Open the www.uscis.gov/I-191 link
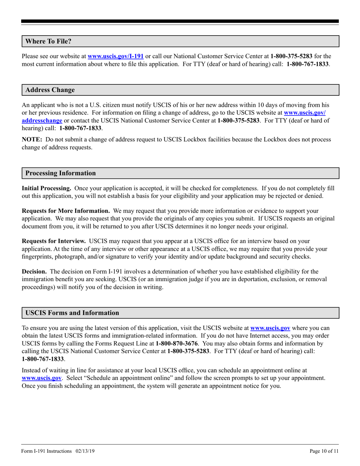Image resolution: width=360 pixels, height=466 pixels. pos(115,56)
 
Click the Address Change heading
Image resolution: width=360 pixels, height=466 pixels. pos(50,90)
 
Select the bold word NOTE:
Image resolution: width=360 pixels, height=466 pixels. pos(32,139)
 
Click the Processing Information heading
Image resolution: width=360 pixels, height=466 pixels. pos(60,173)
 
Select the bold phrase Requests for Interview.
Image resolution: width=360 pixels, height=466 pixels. pos(53,240)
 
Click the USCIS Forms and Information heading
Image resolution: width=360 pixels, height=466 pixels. pos(72,313)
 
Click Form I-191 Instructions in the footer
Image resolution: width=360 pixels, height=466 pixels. pos(47,451)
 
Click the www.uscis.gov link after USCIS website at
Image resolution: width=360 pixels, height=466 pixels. pos(270,328)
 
